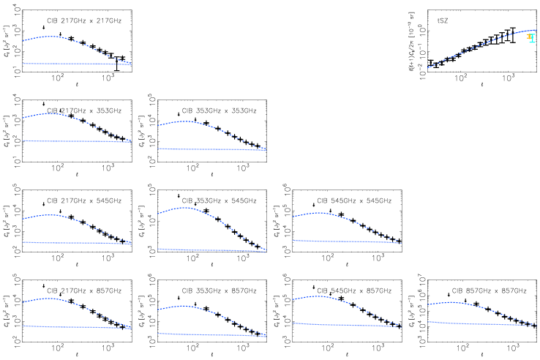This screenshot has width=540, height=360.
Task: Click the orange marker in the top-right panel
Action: tap(529, 36)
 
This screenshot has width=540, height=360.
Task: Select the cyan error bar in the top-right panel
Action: tap(533, 38)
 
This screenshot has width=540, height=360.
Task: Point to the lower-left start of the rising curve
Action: tap(429, 67)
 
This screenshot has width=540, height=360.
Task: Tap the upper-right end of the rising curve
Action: tap(536, 30)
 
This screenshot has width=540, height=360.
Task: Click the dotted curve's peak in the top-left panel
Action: tap(50, 36)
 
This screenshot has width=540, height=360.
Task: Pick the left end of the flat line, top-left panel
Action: tap(23, 64)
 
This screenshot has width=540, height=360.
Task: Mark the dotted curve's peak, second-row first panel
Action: tap(50, 113)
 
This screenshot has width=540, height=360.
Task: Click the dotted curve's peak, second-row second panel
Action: tap(186, 121)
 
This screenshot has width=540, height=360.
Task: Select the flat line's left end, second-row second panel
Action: tap(159, 149)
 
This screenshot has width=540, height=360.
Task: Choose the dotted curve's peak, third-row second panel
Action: tap(186, 208)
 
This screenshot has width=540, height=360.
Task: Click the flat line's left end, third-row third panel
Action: tap(293, 240)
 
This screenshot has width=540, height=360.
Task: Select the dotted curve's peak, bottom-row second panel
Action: tap(184, 306)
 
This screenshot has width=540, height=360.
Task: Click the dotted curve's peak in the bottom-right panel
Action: tap(453, 301)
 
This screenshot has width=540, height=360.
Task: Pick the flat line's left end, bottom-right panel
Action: tap(429, 322)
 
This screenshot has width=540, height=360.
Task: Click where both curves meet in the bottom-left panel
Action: tap(130, 328)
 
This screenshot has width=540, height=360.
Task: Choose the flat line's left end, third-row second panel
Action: tap(159, 249)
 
